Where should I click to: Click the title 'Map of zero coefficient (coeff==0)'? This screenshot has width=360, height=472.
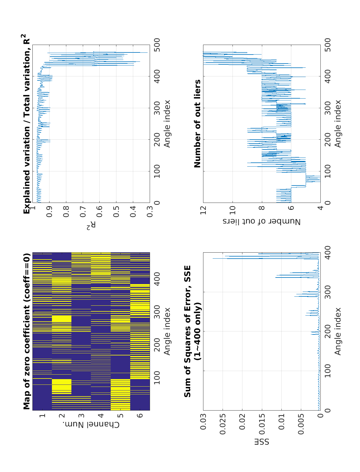coord(27,331)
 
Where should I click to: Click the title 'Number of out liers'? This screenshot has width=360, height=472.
coord(197,123)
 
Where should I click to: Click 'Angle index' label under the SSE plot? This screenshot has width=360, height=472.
coord(338,331)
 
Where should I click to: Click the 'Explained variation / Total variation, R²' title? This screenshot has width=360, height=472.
coord(27,123)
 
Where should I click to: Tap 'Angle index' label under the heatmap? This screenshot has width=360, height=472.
coord(167,331)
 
